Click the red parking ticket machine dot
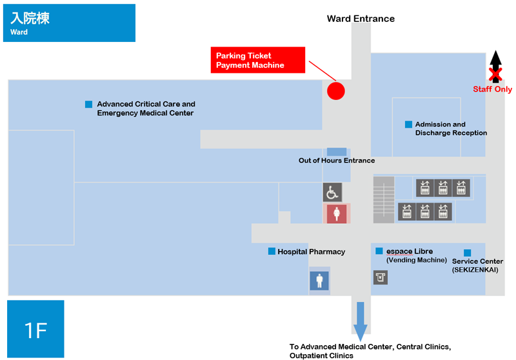pos(335,91)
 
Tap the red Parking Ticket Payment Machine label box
pos(257,60)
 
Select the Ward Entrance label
pos(361,19)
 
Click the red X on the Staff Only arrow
pos(495,74)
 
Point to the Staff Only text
pos(492,89)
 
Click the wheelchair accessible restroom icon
pos(332,192)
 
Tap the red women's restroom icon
pos(336,214)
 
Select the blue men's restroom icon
pos(319,281)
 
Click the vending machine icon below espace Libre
pos(381,277)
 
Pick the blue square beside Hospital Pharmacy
pos(272,252)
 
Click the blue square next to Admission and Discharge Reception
pos(408,125)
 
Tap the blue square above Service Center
pos(467,253)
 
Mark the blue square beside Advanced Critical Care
pos(88,105)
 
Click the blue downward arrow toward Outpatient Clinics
pos(361,321)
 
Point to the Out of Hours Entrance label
pos(337,161)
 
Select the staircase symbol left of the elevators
pos(384,200)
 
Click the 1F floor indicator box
pos(35,329)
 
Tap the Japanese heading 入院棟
pos(30,18)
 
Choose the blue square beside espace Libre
pos(379,251)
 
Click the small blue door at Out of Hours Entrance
pos(336,152)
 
